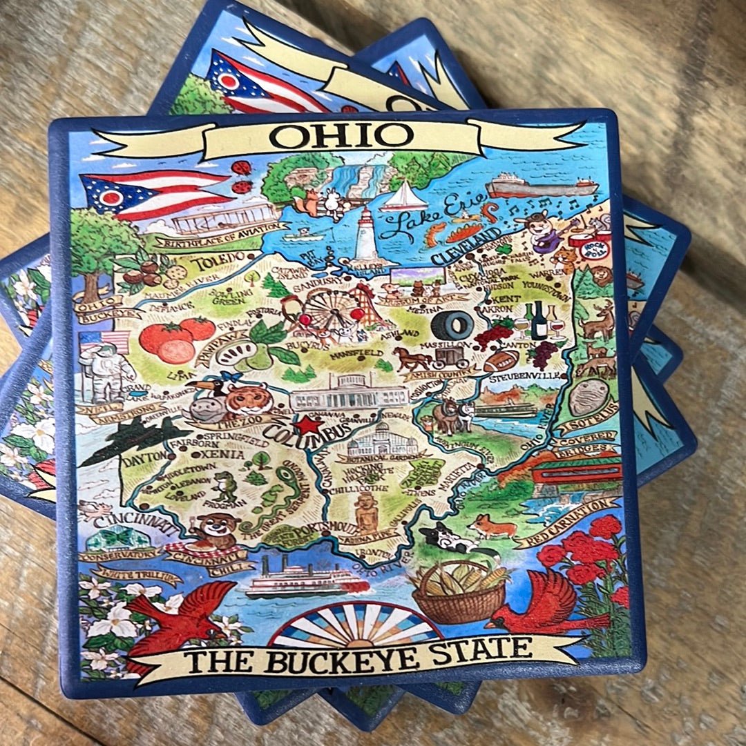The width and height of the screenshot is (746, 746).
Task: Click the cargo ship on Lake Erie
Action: [540, 186]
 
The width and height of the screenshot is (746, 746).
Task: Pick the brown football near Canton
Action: [501, 361]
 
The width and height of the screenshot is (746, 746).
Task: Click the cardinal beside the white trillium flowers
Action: [178, 614]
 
